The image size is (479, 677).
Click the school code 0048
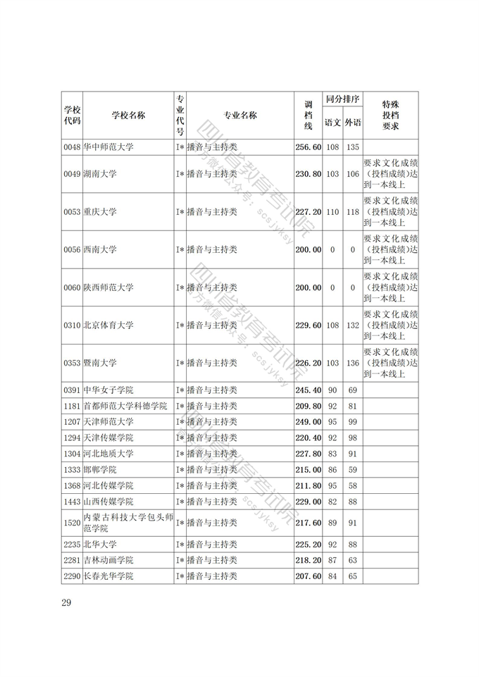pos(72,147)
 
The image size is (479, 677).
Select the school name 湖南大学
pos(100,174)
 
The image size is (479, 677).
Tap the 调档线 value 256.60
pos(308,147)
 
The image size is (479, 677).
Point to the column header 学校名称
pos(128,116)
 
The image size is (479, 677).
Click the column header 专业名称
pos(240,116)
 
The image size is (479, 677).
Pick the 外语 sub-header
pos(353,123)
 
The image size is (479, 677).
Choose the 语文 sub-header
pos(332,123)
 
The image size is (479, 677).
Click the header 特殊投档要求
pos(390,116)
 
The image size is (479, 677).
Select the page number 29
pos(67,602)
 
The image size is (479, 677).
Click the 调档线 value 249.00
pos(308,422)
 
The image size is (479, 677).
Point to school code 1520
pos(72,523)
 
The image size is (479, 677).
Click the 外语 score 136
pos(353,364)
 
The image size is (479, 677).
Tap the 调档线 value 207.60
pos(308,576)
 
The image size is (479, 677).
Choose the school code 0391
pos(72,390)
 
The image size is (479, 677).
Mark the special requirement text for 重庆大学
pos(390,211)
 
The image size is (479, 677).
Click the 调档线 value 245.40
pos(308,390)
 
